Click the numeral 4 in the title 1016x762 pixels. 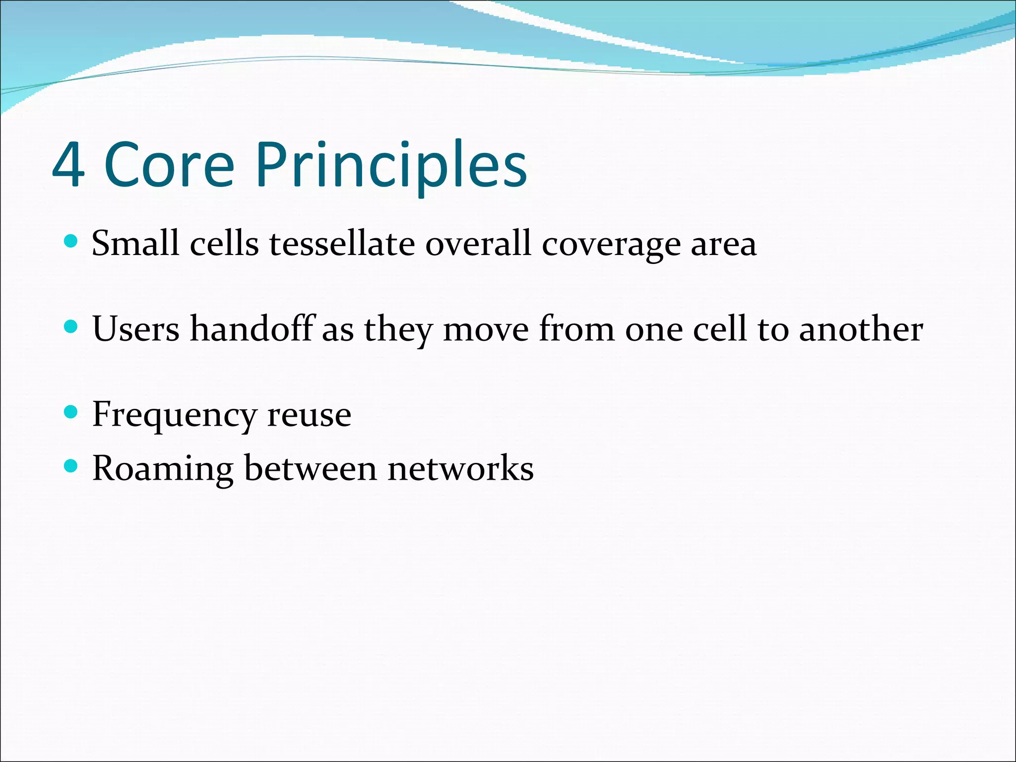coord(68,165)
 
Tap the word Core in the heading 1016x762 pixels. coord(169,165)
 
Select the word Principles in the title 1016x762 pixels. coord(391,165)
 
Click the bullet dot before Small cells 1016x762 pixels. coord(71,242)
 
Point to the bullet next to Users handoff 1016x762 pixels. coord(71,327)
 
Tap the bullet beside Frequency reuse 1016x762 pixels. coord(71,412)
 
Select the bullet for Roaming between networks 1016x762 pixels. coord(71,466)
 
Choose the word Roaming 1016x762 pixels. coord(163,469)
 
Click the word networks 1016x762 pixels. coord(460,468)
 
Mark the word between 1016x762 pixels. coord(311,468)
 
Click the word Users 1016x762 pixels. coord(135,329)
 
